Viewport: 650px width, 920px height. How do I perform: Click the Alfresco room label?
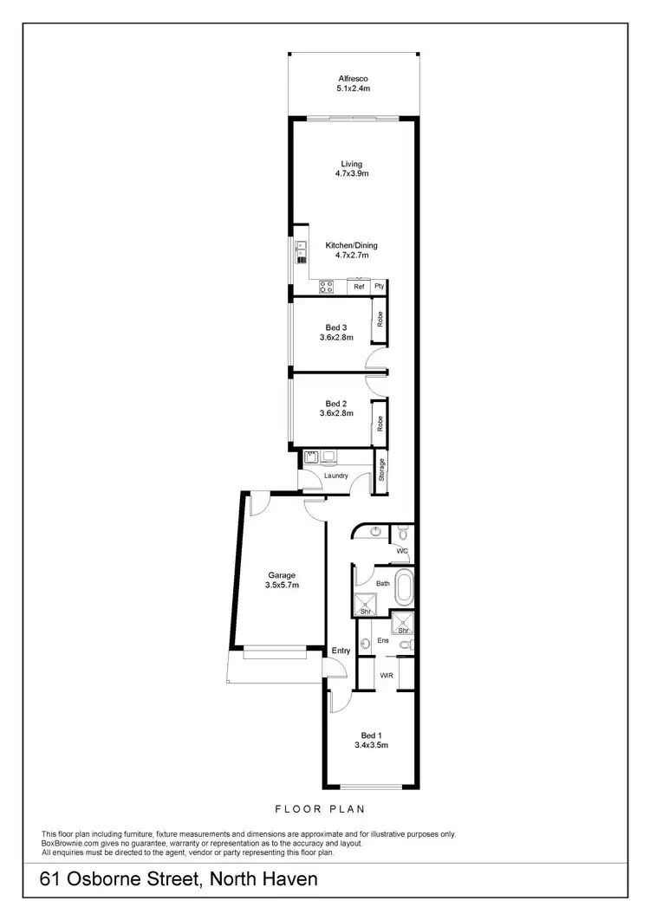point(353,78)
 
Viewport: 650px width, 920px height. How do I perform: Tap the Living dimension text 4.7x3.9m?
point(353,174)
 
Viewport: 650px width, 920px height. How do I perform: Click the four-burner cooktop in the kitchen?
point(328,285)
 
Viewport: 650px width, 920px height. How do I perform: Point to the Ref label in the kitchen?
point(359,286)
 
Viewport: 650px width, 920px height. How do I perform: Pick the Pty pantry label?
point(379,286)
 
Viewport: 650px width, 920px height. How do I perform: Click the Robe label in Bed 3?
point(380,318)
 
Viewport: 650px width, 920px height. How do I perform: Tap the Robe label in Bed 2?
point(380,424)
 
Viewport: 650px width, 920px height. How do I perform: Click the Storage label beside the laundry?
point(381,470)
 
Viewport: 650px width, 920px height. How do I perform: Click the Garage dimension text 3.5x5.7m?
point(282,586)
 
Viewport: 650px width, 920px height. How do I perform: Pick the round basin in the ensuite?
point(366,644)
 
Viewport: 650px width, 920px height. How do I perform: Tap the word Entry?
point(341,651)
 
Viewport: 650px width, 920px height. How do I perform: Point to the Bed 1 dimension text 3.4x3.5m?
point(371,744)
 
